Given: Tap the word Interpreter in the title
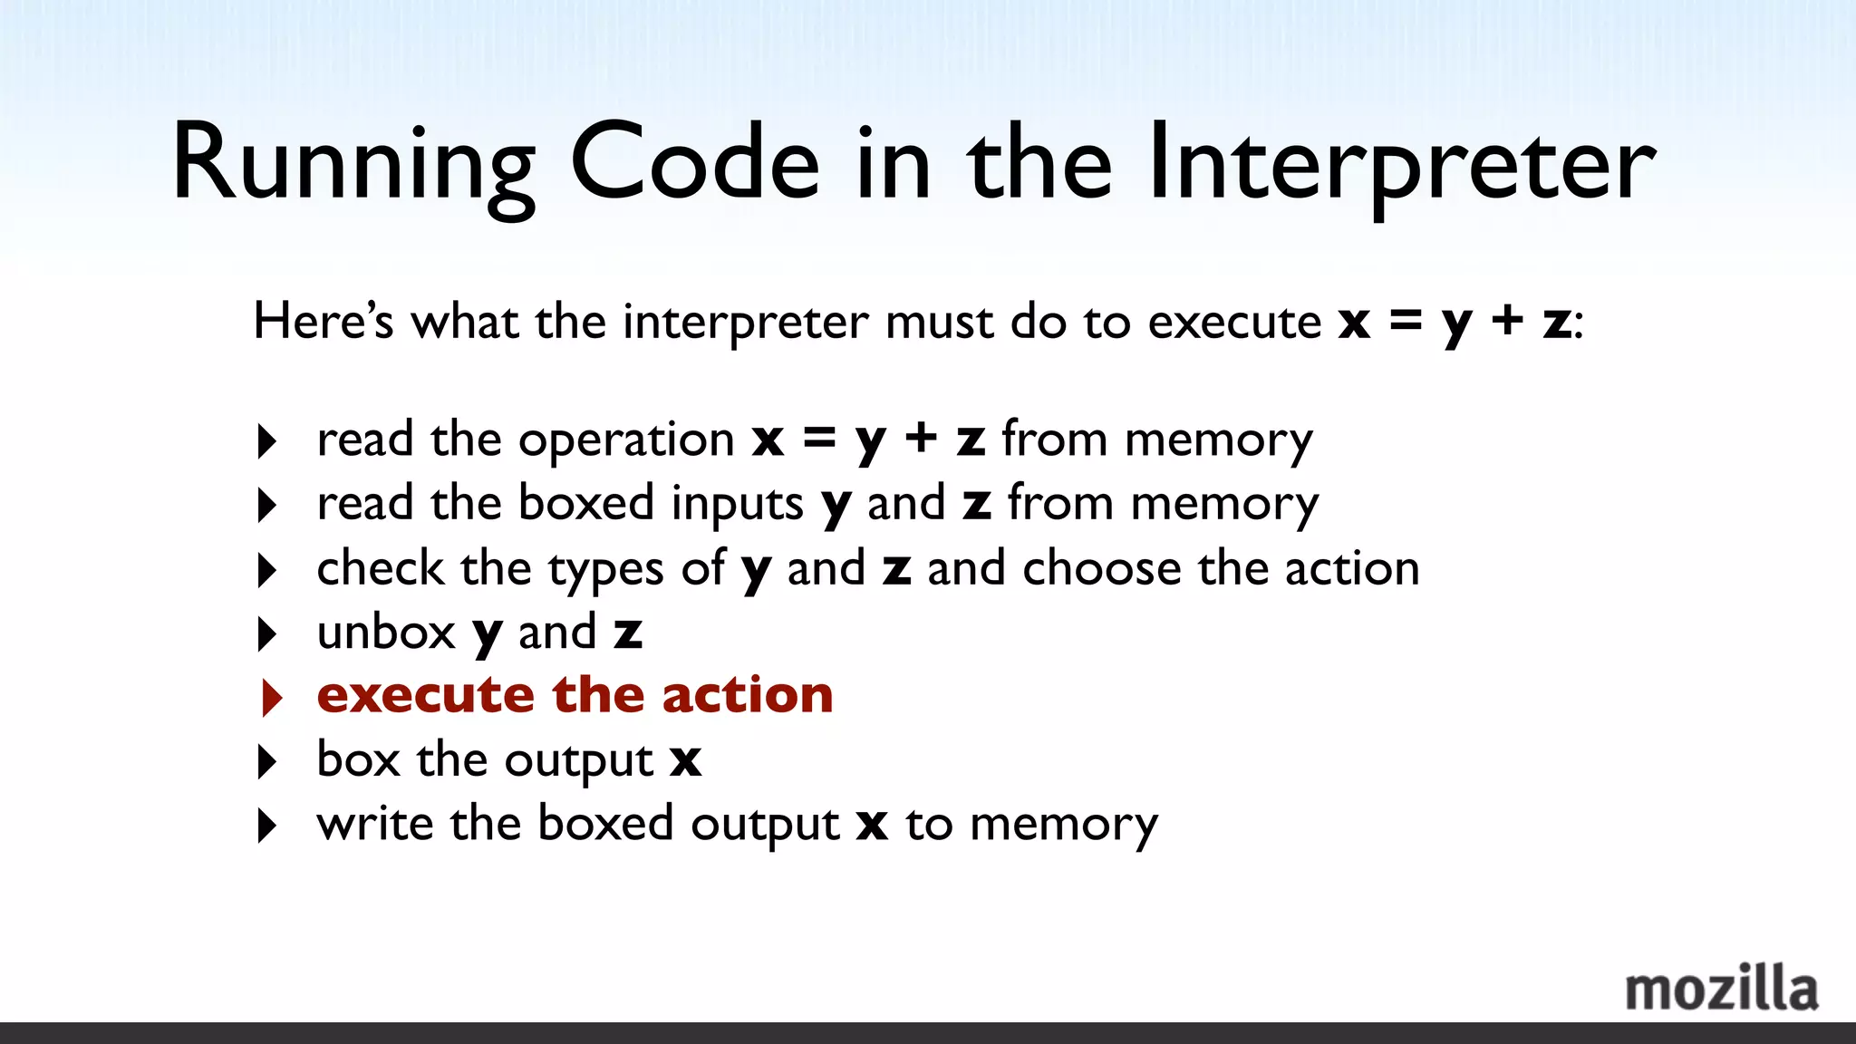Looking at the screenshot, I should [1401, 165].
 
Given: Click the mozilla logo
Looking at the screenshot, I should [1721, 989].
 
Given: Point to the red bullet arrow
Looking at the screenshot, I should [271, 697].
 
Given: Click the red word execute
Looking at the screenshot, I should [425, 695].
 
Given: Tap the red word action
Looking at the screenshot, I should [747, 695].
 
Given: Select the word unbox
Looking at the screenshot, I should [386, 633].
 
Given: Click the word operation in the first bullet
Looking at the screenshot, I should [626, 441].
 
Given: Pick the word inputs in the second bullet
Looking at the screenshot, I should [737, 505].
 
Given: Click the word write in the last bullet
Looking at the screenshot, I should [374, 824].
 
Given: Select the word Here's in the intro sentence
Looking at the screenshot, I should [323, 321].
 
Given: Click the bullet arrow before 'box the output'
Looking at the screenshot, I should [266, 761].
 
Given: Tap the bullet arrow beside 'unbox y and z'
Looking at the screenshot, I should [266, 633].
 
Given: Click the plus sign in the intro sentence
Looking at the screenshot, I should [1507, 321].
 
